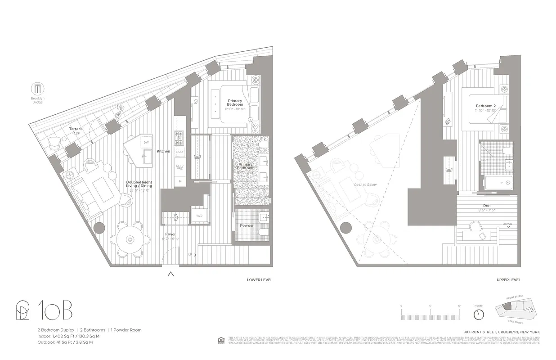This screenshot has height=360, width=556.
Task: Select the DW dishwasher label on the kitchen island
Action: (x=146, y=142)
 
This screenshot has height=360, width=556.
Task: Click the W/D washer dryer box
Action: (x=199, y=216)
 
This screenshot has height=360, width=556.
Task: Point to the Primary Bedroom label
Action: (x=235, y=103)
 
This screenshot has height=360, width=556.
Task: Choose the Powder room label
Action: (x=247, y=225)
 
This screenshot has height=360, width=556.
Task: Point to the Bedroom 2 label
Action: (x=485, y=106)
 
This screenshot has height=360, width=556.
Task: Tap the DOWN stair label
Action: (x=508, y=223)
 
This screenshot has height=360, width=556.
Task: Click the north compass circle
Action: (x=479, y=313)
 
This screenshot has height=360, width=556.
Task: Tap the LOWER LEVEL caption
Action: (x=260, y=280)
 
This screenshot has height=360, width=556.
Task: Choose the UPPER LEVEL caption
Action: (x=508, y=280)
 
